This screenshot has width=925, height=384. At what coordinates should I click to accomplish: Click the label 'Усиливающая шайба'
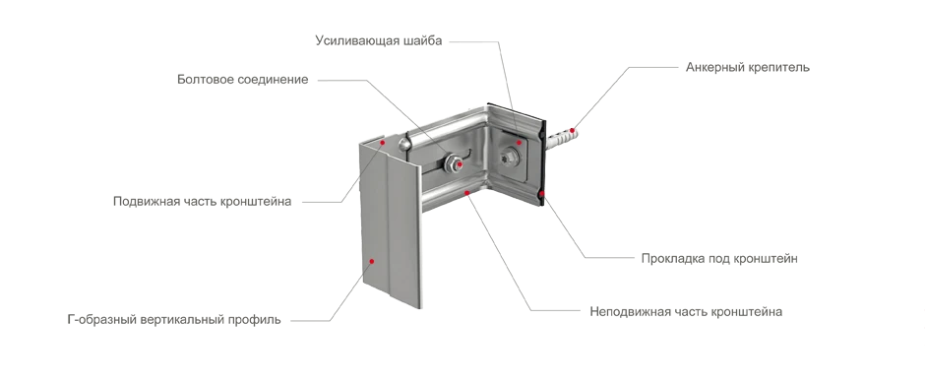pyautogui.click(x=378, y=40)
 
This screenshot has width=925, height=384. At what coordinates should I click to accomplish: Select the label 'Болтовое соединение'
pyautogui.click(x=242, y=79)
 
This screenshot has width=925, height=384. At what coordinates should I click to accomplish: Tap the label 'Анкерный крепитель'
pyautogui.click(x=748, y=67)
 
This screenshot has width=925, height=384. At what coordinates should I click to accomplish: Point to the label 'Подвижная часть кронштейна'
pyautogui.click(x=203, y=201)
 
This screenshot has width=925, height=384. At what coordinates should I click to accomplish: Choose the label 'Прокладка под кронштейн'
pyautogui.click(x=719, y=258)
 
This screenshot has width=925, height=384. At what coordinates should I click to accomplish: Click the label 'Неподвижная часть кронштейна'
pyautogui.click(x=686, y=311)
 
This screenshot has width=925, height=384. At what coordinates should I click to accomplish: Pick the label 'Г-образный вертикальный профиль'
pyautogui.click(x=174, y=320)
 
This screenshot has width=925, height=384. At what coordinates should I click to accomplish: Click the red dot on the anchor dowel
pyautogui.click(x=572, y=130)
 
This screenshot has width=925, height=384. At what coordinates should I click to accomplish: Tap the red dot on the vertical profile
pyautogui.click(x=372, y=260)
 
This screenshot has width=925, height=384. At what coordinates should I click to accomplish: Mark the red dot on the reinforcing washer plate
pyautogui.click(x=520, y=142)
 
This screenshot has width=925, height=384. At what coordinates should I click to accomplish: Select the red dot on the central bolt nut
pyautogui.click(x=460, y=164)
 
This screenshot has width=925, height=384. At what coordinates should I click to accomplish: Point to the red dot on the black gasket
pyautogui.click(x=541, y=193)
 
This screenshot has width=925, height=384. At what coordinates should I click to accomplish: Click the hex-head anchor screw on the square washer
pyautogui.click(x=509, y=158)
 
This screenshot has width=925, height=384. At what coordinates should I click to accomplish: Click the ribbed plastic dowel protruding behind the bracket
pyautogui.click(x=561, y=135)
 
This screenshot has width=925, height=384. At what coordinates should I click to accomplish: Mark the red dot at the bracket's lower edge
pyautogui.click(x=467, y=192)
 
